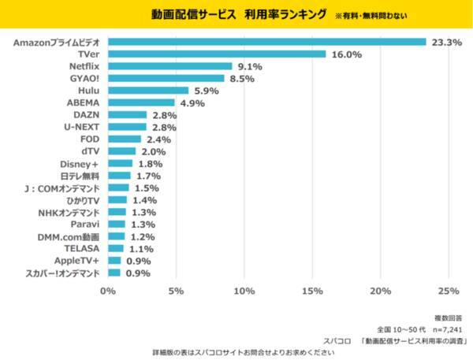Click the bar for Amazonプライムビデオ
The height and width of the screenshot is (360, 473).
tap(266, 42)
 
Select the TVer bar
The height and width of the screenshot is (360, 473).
tap(217, 54)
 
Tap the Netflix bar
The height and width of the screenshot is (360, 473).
tap(169, 66)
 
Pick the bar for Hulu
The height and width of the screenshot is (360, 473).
tap(148, 91)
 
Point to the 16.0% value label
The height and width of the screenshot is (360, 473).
tap(346, 54)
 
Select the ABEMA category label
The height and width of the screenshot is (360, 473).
tap(83, 102)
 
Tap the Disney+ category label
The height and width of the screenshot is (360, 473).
tap(80, 163)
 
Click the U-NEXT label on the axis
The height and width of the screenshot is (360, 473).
tap(81, 127)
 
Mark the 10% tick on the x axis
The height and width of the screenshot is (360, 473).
tap(244, 291)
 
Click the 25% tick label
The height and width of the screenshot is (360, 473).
tap(449, 291)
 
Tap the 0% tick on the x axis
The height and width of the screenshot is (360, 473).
tap(108, 291)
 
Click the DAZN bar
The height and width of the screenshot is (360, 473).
tap(127, 115)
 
